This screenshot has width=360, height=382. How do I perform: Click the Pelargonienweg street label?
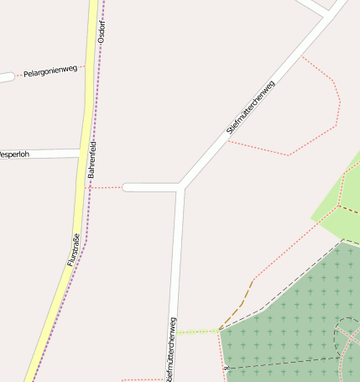(50, 73)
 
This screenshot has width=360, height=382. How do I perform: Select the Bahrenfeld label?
(91, 164)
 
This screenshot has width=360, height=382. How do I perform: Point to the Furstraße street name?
(73, 249)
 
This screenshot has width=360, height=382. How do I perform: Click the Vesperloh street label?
(18, 154)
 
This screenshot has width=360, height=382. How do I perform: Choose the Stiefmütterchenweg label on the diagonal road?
(251, 107)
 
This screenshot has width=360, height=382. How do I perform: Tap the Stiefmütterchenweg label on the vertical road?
(172, 348)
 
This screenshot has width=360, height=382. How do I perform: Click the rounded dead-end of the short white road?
(127, 187)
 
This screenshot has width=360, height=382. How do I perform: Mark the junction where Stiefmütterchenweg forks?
(180, 186)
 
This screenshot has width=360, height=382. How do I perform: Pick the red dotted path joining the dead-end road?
(105, 187)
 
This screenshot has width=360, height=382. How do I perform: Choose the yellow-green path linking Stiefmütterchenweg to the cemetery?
(198, 332)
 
